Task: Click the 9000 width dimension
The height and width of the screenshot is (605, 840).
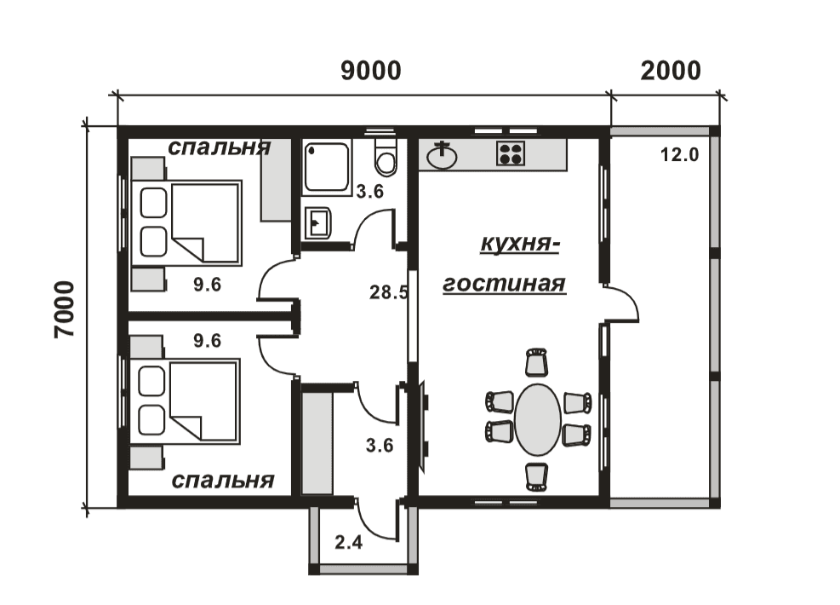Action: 371,71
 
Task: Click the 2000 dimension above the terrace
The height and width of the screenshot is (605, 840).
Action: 670,71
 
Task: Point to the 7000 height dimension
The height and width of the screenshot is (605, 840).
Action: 65,309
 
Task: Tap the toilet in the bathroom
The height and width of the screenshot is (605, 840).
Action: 386,156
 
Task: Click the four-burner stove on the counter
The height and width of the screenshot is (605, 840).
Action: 510,153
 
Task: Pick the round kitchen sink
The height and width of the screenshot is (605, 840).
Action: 442,156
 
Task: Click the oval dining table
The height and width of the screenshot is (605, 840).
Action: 537,419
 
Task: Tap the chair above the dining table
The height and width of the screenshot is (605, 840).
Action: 536,362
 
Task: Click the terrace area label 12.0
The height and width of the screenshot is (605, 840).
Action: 679,155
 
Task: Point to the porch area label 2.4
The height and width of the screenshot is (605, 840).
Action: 348,543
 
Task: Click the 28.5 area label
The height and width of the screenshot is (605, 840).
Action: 389,292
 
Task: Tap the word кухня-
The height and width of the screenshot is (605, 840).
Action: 520,244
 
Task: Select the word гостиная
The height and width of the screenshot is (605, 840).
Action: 504,284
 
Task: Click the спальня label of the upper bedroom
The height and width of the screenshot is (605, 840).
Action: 220,147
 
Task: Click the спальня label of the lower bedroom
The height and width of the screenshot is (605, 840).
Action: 223,480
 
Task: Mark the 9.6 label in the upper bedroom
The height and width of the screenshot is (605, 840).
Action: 208,285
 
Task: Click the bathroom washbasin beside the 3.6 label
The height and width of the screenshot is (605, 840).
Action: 317,222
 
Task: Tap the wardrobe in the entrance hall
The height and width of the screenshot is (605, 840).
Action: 317,443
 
